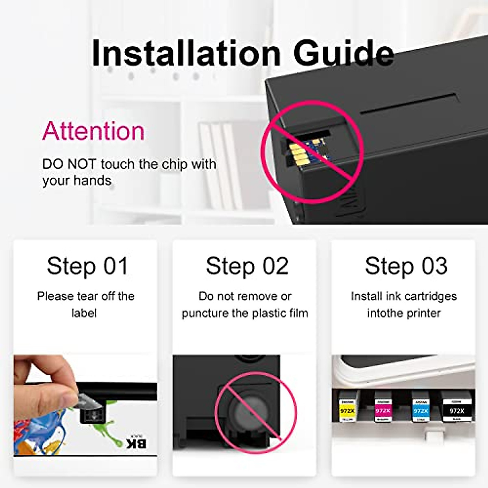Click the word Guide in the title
coord(343,53)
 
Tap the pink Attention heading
coord(93,131)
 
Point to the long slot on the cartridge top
coord(409,103)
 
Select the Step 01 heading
coord(87,266)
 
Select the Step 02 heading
coord(247,266)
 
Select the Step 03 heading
coord(406,266)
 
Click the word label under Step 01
coord(84,313)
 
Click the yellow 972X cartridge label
coord(347,411)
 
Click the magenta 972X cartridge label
coord(383,411)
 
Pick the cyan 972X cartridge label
coord(420,411)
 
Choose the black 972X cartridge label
coord(457,411)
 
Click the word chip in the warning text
coord(174,164)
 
